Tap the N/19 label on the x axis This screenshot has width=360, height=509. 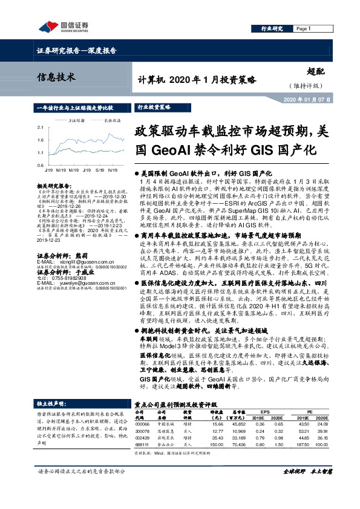click(113, 170)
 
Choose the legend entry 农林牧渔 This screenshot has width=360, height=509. click(111, 120)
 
